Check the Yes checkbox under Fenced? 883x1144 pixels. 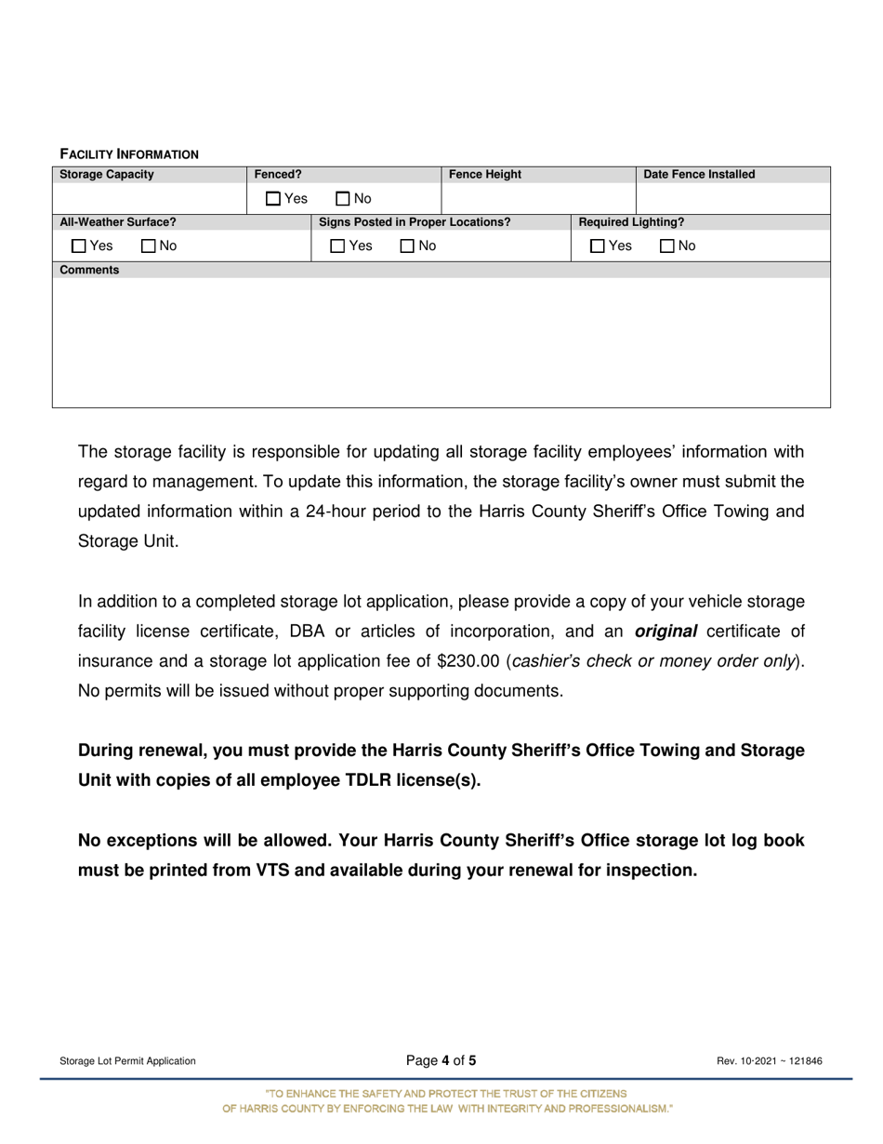coord(273,198)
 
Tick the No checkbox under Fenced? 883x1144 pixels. coord(342,198)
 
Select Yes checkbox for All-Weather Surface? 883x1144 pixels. coord(79,246)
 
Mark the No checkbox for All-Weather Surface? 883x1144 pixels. coord(148,246)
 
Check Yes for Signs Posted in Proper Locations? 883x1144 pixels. coord(338,246)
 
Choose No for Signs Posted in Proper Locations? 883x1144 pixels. coord(407,246)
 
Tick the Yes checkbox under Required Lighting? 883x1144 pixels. coord(598,246)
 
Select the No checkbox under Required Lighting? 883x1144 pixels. coord(666,246)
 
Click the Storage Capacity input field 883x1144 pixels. coord(149,198)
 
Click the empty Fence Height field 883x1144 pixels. coord(537,198)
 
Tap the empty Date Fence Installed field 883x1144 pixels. coord(731,198)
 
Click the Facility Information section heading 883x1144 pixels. coord(129,153)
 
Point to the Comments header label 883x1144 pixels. coord(89,270)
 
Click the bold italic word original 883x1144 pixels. coord(666,632)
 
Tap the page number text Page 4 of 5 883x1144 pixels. coord(441,1060)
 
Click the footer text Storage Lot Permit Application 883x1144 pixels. coord(127,1061)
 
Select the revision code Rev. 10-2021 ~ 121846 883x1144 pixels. coord(769,1061)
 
